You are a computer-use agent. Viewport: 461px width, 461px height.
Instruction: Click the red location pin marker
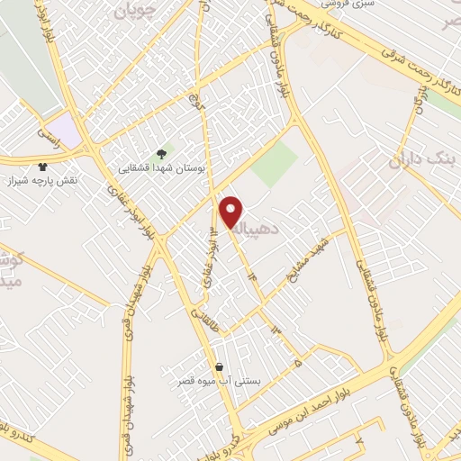pos(231,212)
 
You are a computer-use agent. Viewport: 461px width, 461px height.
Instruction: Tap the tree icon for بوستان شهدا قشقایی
pos(161,154)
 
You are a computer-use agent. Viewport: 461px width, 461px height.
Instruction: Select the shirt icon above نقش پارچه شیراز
pos(42,167)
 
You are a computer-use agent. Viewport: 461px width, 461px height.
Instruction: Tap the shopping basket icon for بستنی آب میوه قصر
pos(220,367)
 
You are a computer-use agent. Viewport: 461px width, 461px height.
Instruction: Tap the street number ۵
pos(298,364)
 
